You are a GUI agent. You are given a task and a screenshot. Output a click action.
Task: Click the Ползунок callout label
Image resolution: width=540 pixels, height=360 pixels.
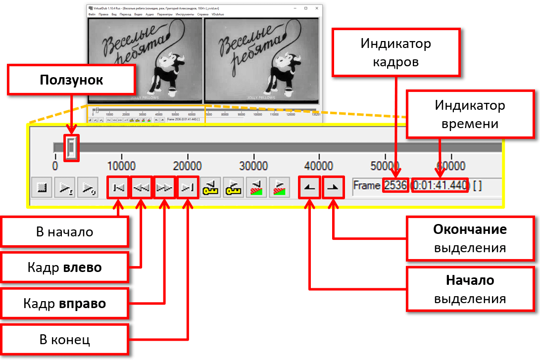click(x=72, y=80)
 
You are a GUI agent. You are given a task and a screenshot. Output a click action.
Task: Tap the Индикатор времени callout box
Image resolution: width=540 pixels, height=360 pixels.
click(x=470, y=114)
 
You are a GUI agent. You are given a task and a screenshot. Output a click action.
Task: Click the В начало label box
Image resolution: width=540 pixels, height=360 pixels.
click(x=64, y=231)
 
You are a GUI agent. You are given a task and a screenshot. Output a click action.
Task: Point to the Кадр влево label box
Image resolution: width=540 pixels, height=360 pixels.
click(x=64, y=268)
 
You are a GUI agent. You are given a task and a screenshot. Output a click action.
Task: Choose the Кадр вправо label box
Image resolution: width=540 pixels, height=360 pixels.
click(x=64, y=303)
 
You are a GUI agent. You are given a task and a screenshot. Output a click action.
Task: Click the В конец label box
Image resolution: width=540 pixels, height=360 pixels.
click(x=64, y=340)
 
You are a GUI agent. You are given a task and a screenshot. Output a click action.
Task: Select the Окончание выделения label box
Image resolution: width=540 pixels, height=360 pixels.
click(x=470, y=238)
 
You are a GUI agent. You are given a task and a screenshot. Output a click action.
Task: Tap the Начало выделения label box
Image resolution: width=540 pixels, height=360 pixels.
click(x=470, y=289)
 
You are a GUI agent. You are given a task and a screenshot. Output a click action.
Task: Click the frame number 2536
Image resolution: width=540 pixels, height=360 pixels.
click(x=395, y=186)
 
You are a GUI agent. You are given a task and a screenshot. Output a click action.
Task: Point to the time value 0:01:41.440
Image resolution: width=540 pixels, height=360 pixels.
click(x=440, y=186)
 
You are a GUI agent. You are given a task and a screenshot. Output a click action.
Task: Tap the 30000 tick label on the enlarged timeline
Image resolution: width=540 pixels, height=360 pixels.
click(x=253, y=165)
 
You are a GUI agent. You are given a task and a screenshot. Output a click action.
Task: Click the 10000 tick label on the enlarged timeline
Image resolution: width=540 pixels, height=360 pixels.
click(x=121, y=165)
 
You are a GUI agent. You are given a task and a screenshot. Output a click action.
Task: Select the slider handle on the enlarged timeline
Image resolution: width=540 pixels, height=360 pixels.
click(x=72, y=147)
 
